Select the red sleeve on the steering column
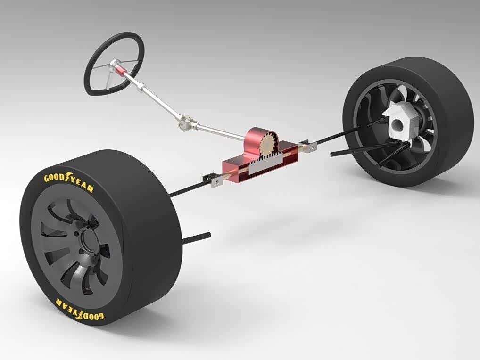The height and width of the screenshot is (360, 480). coord(122,71)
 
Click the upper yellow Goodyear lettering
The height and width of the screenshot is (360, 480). coord(68,181)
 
